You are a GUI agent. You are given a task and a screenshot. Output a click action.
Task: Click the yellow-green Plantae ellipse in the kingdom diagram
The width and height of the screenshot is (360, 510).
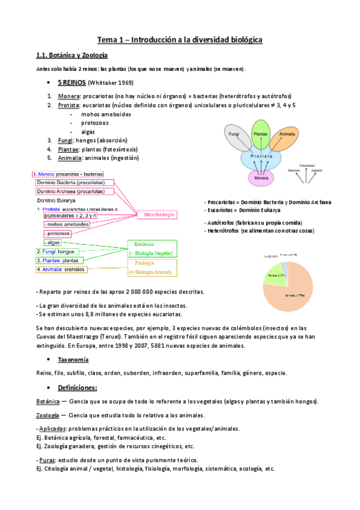click(x=260, y=135)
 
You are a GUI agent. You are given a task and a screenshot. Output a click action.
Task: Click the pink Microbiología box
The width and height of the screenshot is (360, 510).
click(x=159, y=214)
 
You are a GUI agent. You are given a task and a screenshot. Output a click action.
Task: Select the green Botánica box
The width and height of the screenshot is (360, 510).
click(x=152, y=248)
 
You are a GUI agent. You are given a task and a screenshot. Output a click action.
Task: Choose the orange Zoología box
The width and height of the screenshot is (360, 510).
click(x=152, y=267)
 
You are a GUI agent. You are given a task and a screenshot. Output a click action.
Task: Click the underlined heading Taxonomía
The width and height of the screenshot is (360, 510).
click(x=73, y=359)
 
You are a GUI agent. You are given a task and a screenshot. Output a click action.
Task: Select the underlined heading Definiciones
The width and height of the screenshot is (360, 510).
click(x=78, y=387)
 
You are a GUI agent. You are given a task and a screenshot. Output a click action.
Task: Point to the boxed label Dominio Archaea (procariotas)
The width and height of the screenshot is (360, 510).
click(x=75, y=191)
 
